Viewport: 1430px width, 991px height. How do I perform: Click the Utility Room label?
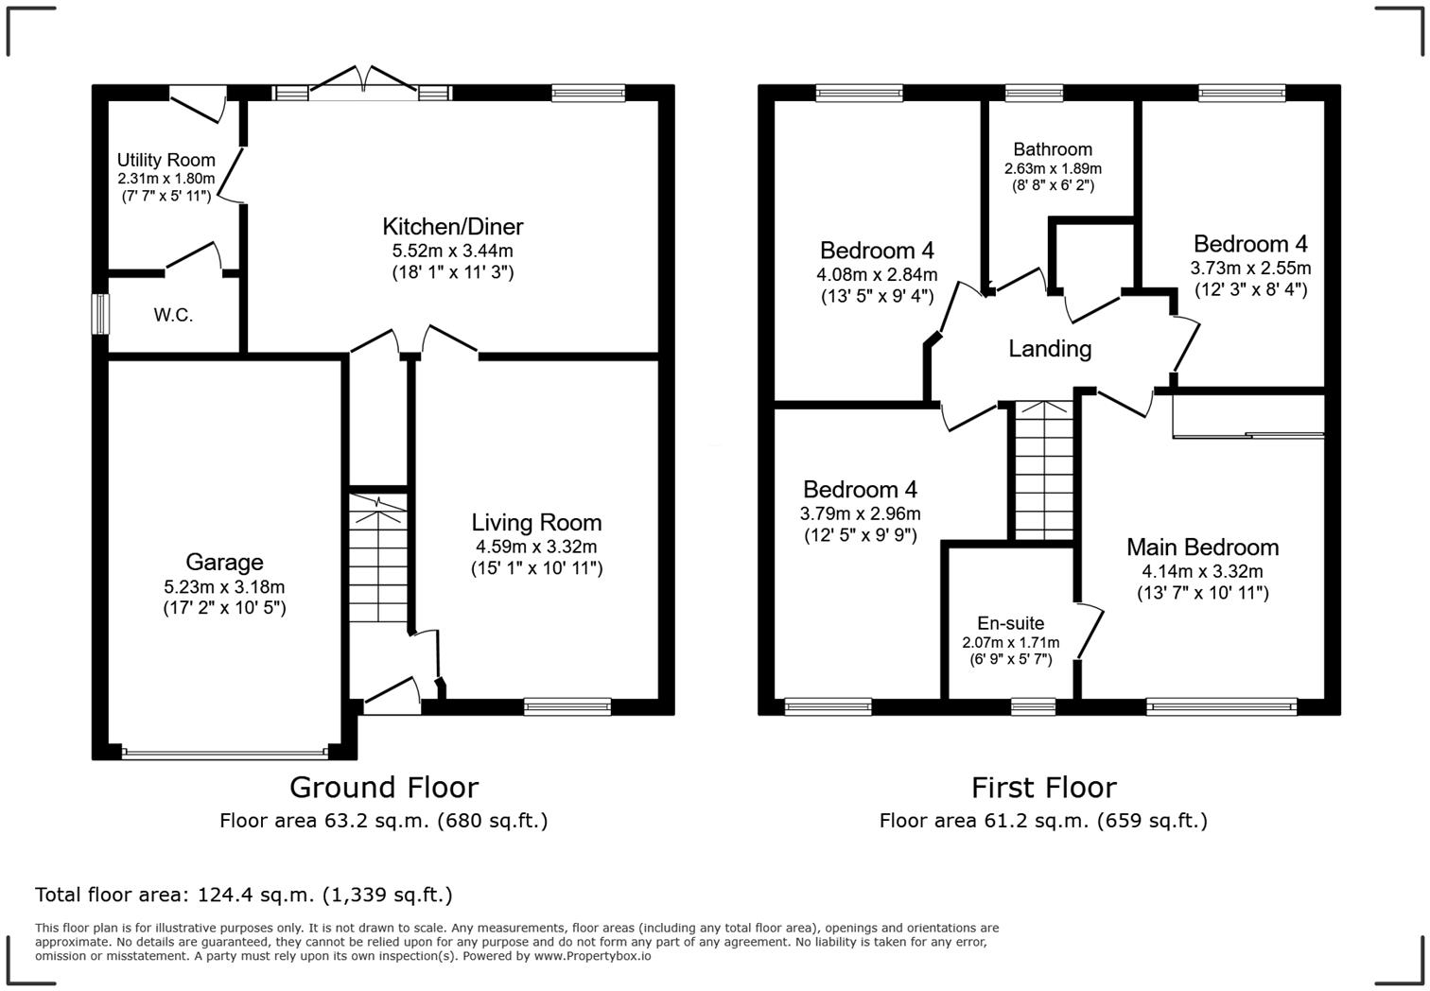tap(166, 160)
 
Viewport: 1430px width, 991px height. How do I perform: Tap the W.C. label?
tap(173, 315)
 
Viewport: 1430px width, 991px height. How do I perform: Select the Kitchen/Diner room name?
tap(452, 226)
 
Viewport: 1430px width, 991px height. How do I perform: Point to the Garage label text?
tap(224, 562)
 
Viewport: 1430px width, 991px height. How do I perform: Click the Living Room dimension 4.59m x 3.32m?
tap(536, 547)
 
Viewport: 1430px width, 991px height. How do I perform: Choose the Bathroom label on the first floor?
tap(1052, 149)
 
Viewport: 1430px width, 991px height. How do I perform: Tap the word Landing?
tap(1050, 349)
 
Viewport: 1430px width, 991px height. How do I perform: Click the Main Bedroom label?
tap(1202, 547)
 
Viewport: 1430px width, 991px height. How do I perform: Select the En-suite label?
tap(1010, 623)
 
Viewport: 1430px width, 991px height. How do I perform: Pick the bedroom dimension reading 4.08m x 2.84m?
tap(877, 274)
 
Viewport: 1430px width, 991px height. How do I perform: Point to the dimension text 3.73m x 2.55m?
tap(1250, 268)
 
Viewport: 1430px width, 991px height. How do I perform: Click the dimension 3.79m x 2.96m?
tap(860, 513)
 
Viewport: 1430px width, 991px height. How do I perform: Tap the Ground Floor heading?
tap(383, 787)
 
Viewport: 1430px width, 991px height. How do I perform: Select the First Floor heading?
tap(1043, 787)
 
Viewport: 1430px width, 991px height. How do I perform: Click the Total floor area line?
tap(243, 895)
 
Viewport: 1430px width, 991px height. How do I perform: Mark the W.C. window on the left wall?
tap(99, 314)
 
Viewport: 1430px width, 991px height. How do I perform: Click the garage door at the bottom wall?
tap(224, 754)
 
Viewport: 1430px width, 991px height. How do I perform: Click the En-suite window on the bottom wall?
tap(1032, 705)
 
